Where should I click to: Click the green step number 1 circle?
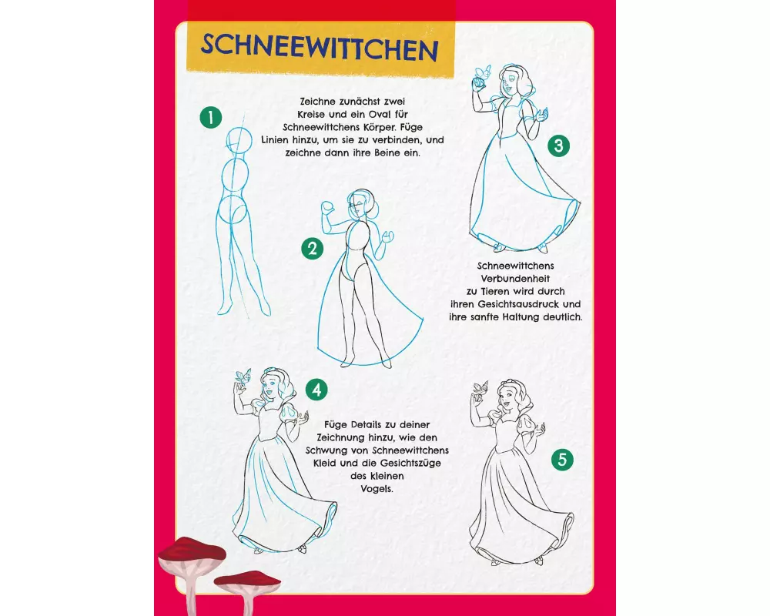(211, 118)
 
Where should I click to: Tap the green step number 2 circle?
(313, 249)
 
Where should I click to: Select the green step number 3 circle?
(558, 146)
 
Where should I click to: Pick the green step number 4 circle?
(316, 390)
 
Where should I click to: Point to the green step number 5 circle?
(562, 460)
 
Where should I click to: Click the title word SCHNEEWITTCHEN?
(320, 48)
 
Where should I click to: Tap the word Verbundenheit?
(515, 279)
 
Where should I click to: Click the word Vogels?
(377, 489)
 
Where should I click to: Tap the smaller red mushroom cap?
(248, 578)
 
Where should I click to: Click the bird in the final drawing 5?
(479, 388)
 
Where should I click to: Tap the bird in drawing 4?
(243, 377)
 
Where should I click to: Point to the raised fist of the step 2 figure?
(327, 207)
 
